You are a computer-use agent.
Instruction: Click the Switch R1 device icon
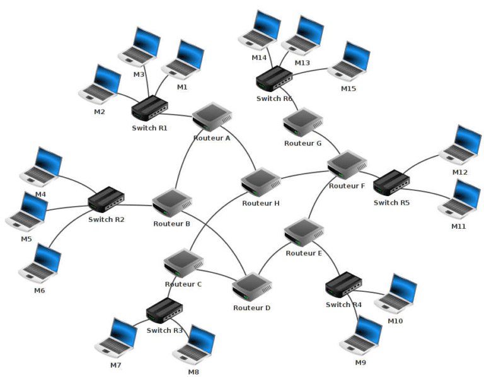[149, 109]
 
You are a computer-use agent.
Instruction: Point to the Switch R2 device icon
[105, 199]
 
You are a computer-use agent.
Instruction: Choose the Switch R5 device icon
[391, 182]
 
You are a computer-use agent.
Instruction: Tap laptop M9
[361, 335]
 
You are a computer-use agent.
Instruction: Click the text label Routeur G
[302, 143]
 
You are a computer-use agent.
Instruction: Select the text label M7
[115, 366]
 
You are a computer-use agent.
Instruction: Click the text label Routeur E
[304, 253]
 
